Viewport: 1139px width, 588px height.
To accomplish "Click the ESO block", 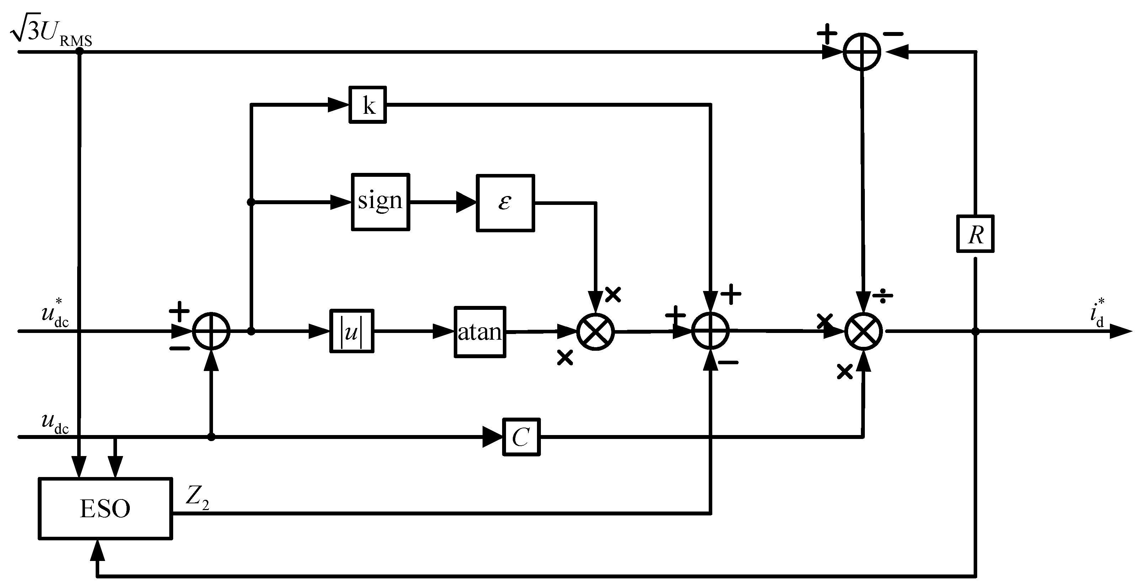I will pyautogui.click(x=105, y=508).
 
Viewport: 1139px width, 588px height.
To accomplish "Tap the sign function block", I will pyautogui.click(x=380, y=202).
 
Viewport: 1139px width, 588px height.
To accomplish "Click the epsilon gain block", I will pyautogui.click(x=505, y=203).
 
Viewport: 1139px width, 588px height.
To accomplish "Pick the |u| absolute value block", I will pyautogui.click(x=352, y=331).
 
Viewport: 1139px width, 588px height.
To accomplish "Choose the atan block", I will pyautogui.click(x=480, y=332).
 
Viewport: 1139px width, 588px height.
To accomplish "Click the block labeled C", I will pyautogui.click(x=521, y=437).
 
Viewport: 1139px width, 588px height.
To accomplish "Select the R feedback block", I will pyautogui.click(x=975, y=234).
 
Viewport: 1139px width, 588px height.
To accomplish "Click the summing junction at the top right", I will pyautogui.click(x=862, y=52).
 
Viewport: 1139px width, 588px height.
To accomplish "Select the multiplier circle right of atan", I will pyautogui.click(x=596, y=332).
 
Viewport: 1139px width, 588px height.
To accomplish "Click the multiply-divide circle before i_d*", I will pyautogui.click(x=863, y=332).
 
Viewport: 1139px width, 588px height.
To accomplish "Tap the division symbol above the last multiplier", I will pyautogui.click(x=883, y=297).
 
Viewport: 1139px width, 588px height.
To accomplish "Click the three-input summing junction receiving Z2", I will pyautogui.click(x=710, y=331).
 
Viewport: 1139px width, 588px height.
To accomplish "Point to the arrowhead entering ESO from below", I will pyautogui.click(x=97, y=551).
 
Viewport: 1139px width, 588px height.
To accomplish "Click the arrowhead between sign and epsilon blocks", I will pyautogui.click(x=466, y=202).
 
